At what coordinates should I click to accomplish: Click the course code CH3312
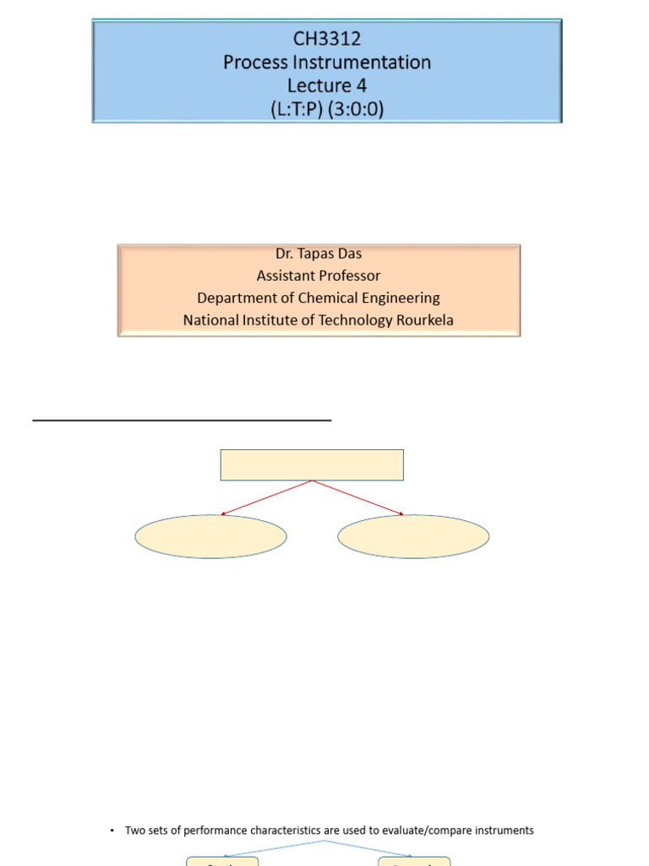coord(327,39)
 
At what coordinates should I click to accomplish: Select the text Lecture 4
coord(327,85)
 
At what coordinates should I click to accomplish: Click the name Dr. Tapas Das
coord(319,254)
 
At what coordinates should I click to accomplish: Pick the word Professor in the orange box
coord(351,276)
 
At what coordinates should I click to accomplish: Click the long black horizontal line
coord(182,419)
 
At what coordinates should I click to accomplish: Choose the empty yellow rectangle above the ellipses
coord(312,465)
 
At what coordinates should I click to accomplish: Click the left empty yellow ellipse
coord(210,536)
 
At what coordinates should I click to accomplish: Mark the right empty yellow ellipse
coord(413,536)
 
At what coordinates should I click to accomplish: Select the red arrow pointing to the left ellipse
coord(266,497)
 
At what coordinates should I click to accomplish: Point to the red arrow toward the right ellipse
coord(358,497)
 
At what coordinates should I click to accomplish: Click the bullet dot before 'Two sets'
coord(112,831)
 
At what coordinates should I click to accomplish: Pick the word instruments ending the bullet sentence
coord(504,830)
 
